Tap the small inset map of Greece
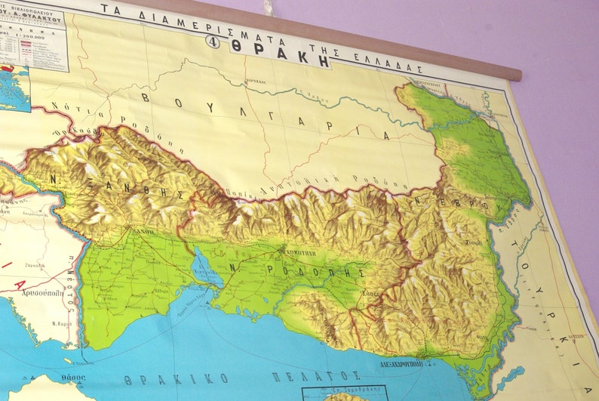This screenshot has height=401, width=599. [x=14, y=88]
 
